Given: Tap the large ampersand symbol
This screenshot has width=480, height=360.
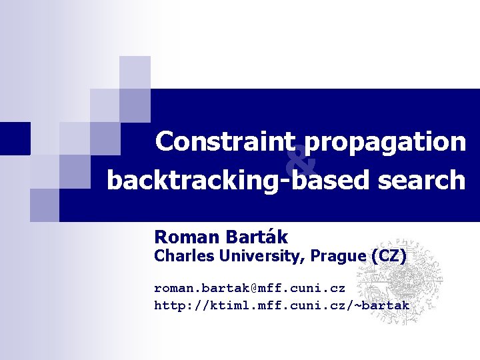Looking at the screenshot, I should (301, 161).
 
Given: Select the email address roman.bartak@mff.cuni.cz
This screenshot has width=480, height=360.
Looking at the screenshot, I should (249, 289).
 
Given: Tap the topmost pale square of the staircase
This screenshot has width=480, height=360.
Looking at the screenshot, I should (135, 72).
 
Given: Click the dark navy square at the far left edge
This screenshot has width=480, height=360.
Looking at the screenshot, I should (15, 138).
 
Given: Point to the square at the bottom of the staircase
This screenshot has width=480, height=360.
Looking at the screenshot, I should (45, 204).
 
